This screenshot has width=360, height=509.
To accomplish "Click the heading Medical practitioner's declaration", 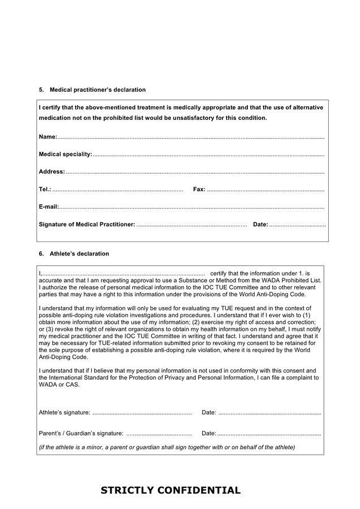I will [x=97, y=90].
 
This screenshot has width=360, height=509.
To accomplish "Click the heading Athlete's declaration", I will [x=79, y=254].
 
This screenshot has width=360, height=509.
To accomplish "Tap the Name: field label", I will [x=48, y=137].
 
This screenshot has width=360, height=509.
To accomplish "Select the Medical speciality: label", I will [x=65, y=154].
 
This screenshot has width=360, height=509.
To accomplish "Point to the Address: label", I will [x=52, y=172].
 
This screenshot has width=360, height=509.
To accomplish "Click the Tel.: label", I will [x=45, y=189].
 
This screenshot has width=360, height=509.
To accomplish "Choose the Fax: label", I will [x=199, y=189].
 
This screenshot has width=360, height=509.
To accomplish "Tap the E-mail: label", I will [x=49, y=207].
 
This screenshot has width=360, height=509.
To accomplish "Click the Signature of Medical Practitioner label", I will [x=87, y=225].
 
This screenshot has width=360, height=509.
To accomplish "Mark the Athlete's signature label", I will [x=64, y=412].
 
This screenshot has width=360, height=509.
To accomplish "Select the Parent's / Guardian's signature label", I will [x=81, y=433].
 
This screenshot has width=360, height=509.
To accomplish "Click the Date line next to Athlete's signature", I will [x=269, y=413].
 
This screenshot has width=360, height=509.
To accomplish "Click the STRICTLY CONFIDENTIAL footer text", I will [x=170, y=490].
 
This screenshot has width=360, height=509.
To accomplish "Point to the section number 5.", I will [x=41, y=90].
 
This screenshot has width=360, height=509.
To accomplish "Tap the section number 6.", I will [x=41, y=254].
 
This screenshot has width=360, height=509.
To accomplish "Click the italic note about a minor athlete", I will [x=166, y=447].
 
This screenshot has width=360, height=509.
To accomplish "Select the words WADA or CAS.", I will [x=59, y=385].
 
